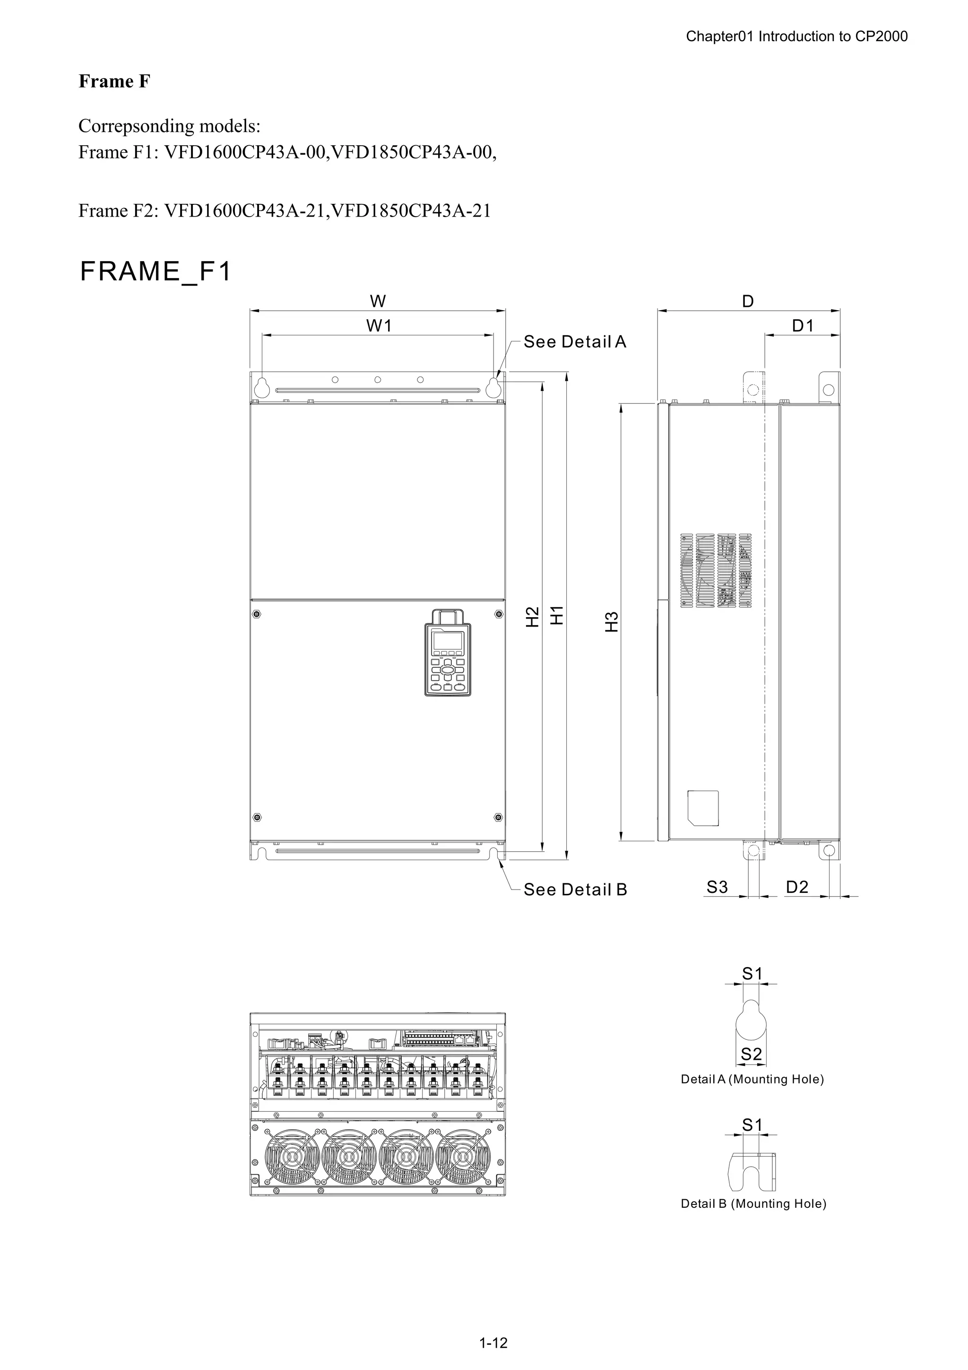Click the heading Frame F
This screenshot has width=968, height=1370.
[x=114, y=81]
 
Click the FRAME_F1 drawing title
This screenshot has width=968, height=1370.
[x=155, y=271]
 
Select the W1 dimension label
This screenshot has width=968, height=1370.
[x=379, y=326]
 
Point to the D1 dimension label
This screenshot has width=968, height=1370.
[x=802, y=326]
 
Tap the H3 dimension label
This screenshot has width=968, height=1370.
[x=611, y=622]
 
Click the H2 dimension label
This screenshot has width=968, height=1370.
[x=532, y=616]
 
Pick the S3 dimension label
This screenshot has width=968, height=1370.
[x=717, y=887]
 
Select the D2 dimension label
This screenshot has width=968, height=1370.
[x=797, y=887]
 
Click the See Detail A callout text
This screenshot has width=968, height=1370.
[x=575, y=342]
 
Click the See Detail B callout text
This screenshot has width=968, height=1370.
[x=575, y=890]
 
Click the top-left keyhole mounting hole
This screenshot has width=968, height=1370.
[x=262, y=387]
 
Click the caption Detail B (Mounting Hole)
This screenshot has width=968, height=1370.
[x=753, y=1204]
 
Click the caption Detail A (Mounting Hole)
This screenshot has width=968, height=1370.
[x=752, y=1079]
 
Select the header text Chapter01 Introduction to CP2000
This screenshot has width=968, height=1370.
[x=796, y=36]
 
